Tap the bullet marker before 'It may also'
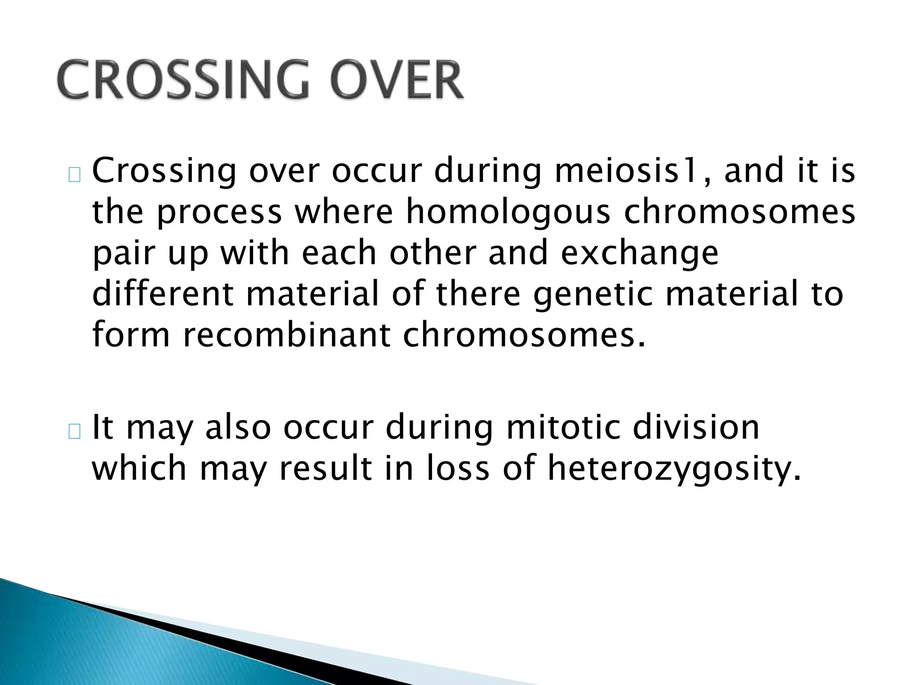[x=75, y=432]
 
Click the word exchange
[x=639, y=253]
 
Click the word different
[x=163, y=294]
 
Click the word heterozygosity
[x=674, y=469]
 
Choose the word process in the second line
[x=219, y=213]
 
